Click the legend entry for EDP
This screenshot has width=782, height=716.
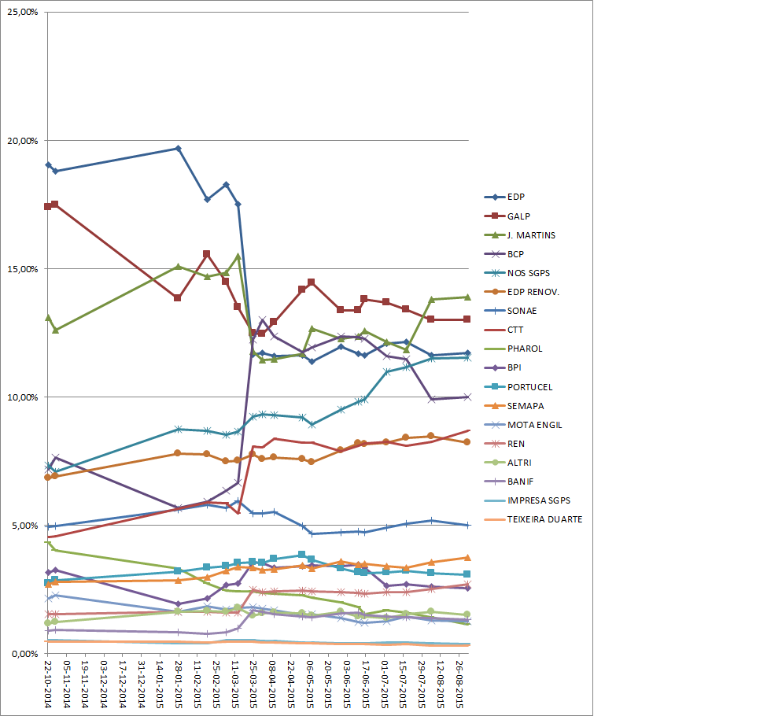pos(516,197)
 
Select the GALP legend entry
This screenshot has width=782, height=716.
pos(518,216)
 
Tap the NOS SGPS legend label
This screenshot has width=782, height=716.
pos(528,273)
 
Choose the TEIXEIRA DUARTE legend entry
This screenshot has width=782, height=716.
pos(544,519)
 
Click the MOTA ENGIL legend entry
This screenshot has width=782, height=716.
pos(535,424)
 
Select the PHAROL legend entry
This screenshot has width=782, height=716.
pos(525,349)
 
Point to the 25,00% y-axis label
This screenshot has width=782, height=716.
pos(23,13)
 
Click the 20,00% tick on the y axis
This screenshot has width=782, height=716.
pos(23,141)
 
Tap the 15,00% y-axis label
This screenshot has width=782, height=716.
pos(23,269)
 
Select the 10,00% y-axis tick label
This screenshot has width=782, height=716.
pos(23,397)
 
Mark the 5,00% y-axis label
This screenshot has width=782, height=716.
pos(25,526)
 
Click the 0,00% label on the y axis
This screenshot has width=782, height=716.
pos(25,654)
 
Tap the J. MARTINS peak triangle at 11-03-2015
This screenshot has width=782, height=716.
pos(238,256)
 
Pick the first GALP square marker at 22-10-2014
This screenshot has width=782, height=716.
pos(48,206)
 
